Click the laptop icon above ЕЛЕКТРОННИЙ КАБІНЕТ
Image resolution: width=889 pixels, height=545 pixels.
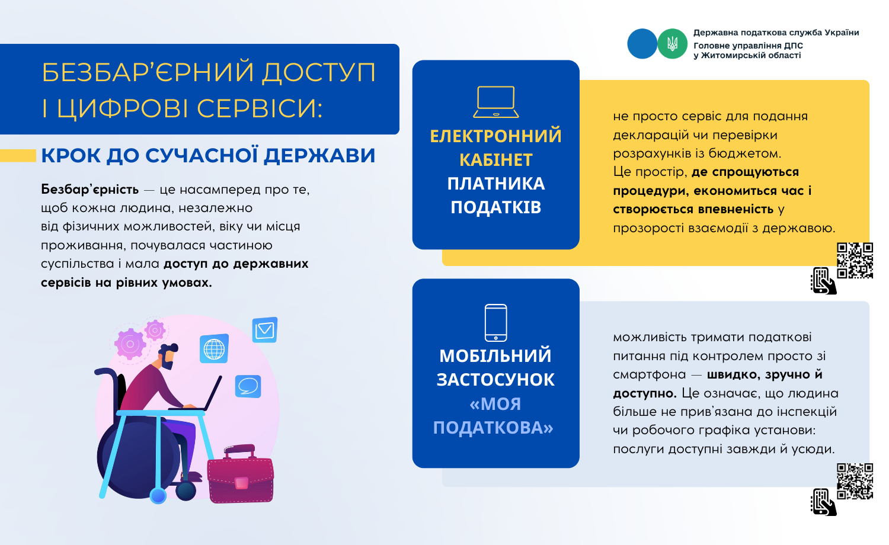(x=495, y=102)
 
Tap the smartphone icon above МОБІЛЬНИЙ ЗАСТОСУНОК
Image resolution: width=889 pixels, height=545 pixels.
(x=495, y=323)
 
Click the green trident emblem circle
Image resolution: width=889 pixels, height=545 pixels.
(x=672, y=44)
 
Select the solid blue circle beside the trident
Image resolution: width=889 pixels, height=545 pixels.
(x=642, y=44)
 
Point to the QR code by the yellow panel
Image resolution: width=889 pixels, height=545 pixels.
(x=855, y=261)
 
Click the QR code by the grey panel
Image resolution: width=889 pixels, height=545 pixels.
(x=855, y=481)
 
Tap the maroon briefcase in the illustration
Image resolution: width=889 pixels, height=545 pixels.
(x=241, y=475)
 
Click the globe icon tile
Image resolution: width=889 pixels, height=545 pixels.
(x=214, y=349)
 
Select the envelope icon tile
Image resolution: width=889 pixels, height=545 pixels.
(x=265, y=329)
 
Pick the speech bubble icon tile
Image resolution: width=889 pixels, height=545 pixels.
(x=248, y=386)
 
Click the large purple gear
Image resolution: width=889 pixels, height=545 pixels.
(x=130, y=344)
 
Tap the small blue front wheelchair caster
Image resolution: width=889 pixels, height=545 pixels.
(x=158, y=496)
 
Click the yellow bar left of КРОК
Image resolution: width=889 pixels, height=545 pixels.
(x=18, y=155)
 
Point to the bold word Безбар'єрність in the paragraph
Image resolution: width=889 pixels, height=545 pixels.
(x=89, y=190)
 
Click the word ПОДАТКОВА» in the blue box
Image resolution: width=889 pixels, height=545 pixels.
(x=493, y=428)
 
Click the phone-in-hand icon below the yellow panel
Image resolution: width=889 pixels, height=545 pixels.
(x=824, y=281)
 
